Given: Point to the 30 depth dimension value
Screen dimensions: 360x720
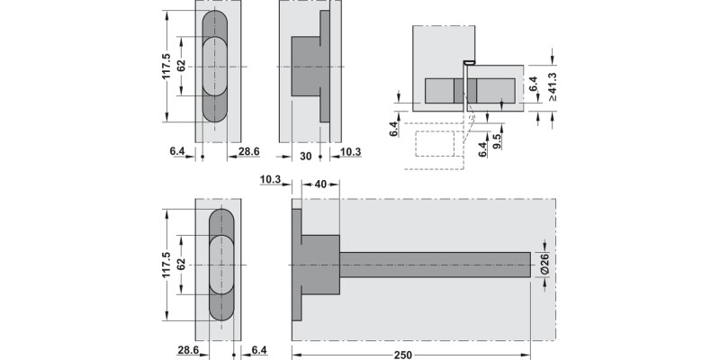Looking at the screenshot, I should click(x=306, y=154).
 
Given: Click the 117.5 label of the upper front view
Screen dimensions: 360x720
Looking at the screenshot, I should click(x=166, y=67).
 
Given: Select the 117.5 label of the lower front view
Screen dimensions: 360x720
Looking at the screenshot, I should click(x=166, y=267).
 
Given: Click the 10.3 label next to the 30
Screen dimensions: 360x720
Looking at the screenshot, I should click(x=351, y=154).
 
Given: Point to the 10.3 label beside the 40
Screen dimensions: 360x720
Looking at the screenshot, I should click(x=270, y=182).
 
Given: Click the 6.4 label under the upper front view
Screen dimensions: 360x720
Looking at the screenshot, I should click(x=177, y=154).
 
